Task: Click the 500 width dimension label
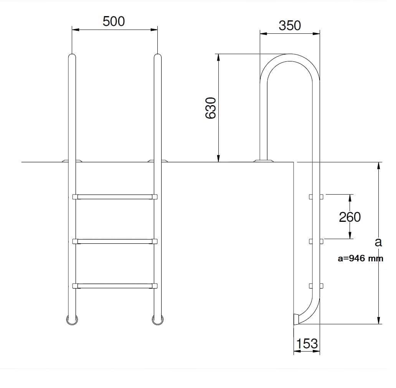[114, 21]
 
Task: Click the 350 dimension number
[290, 25]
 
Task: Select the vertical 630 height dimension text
[211, 108]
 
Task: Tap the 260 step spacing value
[350, 217]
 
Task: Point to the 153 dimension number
[307, 343]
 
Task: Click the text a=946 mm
[361, 258]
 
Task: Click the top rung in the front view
[115, 197]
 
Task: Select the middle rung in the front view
[115, 241]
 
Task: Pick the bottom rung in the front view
[115, 286]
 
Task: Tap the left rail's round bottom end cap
[72, 320]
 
